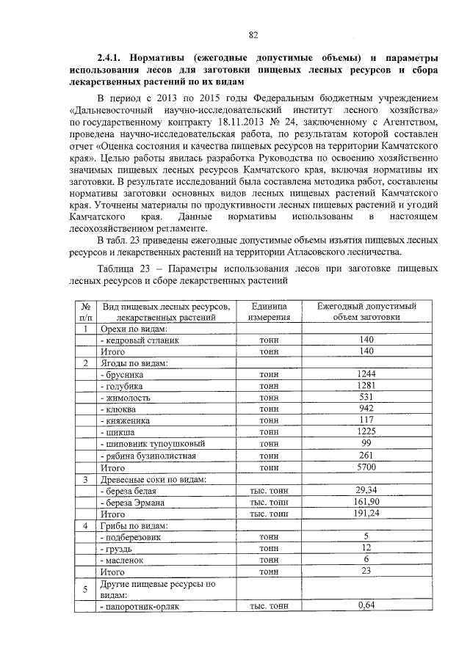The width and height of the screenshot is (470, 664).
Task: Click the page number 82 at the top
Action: click(253, 34)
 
